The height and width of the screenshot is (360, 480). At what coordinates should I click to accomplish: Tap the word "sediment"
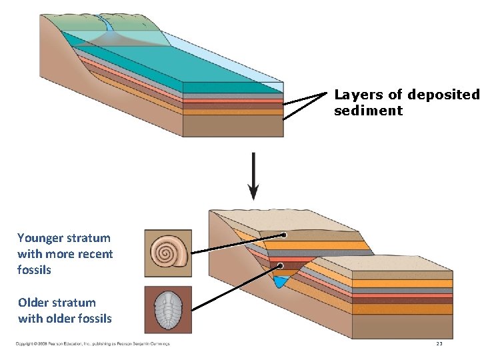click(x=368, y=111)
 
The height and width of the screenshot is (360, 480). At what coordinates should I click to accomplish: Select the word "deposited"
click(x=443, y=95)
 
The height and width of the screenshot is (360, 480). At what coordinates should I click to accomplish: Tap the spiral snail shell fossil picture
click(x=168, y=253)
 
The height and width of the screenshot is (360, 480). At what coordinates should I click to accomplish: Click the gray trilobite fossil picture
click(x=168, y=310)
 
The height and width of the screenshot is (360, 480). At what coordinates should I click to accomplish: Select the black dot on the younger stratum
click(x=284, y=235)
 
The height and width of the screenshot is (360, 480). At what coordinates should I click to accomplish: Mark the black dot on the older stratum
click(x=280, y=266)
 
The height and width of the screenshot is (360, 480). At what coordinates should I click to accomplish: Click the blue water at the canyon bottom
click(x=281, y=282)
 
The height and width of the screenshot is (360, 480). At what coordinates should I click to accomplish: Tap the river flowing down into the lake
click(x=106, y=27)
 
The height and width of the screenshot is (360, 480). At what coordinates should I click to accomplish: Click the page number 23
click(x=439, y=344)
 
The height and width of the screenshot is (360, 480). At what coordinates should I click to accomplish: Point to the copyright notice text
click(x=93, y=344)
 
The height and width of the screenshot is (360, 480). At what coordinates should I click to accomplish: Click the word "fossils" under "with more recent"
click(x=34, y=270)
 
